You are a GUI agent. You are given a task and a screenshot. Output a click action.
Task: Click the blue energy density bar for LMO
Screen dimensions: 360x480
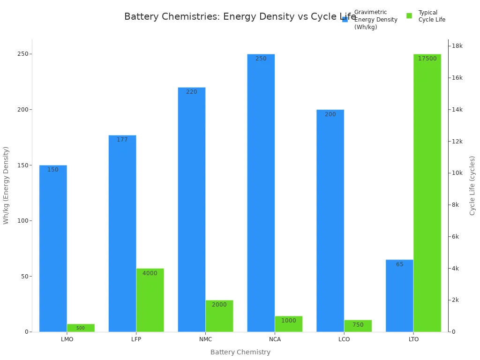click(x=53, y=248)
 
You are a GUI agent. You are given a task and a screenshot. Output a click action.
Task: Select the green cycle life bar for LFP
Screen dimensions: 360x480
click(x=150, y=300)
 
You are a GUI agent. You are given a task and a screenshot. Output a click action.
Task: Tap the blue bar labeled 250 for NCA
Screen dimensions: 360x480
click(x=261, y=193)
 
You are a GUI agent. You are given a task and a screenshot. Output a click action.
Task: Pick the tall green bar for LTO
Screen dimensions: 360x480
click(x=427, y=193)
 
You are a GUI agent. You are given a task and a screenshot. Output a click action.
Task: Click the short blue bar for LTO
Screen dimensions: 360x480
click(x=399, y=296)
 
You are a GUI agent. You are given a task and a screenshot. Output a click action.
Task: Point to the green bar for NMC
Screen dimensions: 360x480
click(x=219, y=316)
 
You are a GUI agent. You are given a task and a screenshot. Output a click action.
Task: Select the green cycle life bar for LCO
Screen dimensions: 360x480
click(x=358, y=326)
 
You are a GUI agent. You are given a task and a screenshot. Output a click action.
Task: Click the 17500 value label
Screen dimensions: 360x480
click(x=427, y=59)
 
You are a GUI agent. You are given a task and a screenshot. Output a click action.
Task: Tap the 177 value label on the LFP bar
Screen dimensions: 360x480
click(x=122, y=140)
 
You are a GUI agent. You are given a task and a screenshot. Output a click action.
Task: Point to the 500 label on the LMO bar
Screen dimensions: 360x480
click(x=81, y=328)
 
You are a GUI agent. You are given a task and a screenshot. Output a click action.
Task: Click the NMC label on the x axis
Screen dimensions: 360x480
click(x=205, y=339)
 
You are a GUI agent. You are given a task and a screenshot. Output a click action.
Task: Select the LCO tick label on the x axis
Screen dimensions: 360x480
click(x=344, y=339)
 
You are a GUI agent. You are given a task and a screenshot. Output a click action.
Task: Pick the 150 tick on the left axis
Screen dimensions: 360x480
click(x=22, y=165)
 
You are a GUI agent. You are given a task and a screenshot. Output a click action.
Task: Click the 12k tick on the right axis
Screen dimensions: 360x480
click(x=457, y=141)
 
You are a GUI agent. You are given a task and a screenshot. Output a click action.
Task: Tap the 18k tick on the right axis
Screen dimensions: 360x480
click(x=457, y=46)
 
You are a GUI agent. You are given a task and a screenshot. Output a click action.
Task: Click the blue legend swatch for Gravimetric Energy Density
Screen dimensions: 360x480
click(x=345, y=19)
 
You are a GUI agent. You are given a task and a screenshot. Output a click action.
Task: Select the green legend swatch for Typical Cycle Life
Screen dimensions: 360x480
click(x=409, y=16)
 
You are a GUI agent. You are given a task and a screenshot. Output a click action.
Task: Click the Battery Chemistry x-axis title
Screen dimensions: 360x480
click(x=240, y=352)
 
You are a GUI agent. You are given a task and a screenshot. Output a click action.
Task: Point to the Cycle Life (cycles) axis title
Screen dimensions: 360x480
click(x=472, y=186)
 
